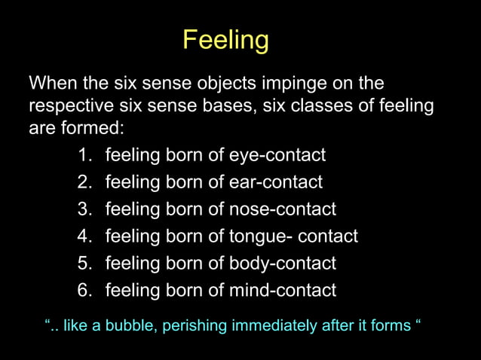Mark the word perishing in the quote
point(198,326)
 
